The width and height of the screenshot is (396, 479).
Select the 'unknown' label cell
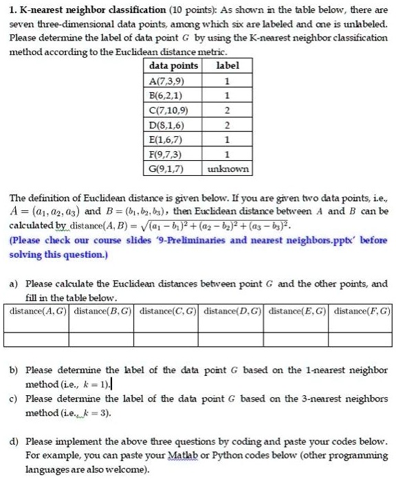click(227, 168)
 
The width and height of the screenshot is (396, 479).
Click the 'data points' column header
click(173, 66)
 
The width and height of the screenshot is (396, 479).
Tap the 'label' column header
click(227, 66)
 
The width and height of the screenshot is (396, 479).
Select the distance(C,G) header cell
click(167, 311)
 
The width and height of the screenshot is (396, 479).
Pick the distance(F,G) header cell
click(362, 311)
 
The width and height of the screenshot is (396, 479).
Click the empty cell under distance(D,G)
click(232, 338)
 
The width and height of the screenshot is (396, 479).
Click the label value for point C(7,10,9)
click(227, 110)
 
